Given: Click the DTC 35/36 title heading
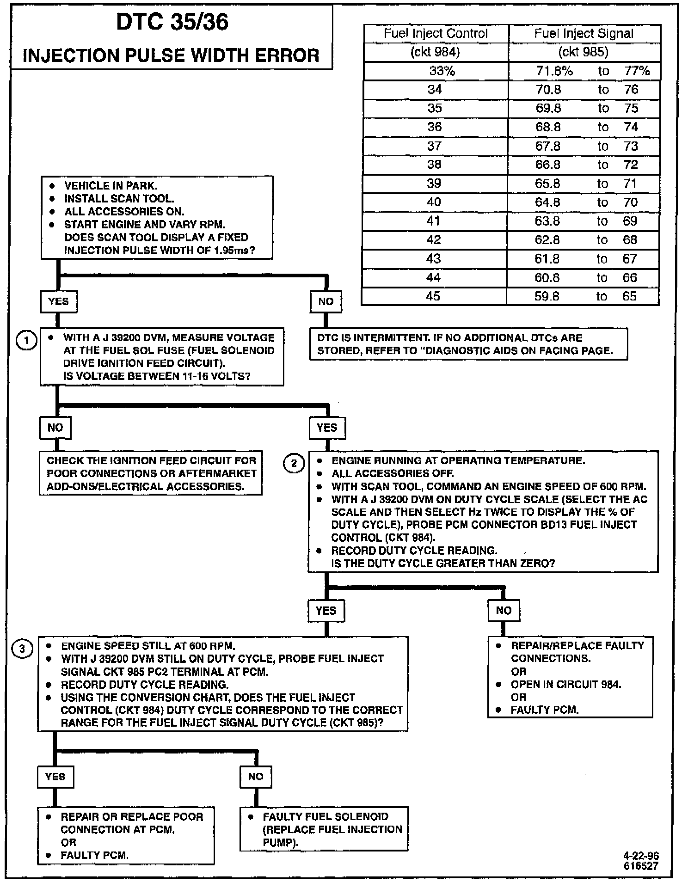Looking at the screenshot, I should pyautogui.click(x=172, y=22).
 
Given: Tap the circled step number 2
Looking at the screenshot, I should pyautogui.click(x=294, y=463).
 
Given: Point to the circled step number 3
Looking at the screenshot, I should pyautogui.click(x=23, y=649).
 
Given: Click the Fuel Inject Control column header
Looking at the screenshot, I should pyautogui.click(x=436, y=34).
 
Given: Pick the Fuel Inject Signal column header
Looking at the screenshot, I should pyautogui.click(x=584, y=34).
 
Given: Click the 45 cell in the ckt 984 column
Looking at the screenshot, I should pyautogui.click(x=433, y=296).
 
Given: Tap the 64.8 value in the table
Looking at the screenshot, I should pyautogui.click(x=547, y=202).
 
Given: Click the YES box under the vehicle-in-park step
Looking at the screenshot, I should pyautogui.click(x=58, y=302).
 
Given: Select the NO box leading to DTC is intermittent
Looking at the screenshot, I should pyautogui.click(x=326, y=302).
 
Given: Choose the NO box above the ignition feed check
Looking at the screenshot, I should pyautogui.click(x=55, y=428).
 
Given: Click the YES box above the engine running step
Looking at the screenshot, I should pyautogui.click(x=327, y=428).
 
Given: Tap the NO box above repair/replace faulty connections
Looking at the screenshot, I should pyautogui.click(x=504, y=611).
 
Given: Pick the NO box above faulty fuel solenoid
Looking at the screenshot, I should pyautogui.click(x=255, y=777).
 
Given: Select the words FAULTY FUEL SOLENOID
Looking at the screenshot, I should pyautogui.click(x=326, y=817).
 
